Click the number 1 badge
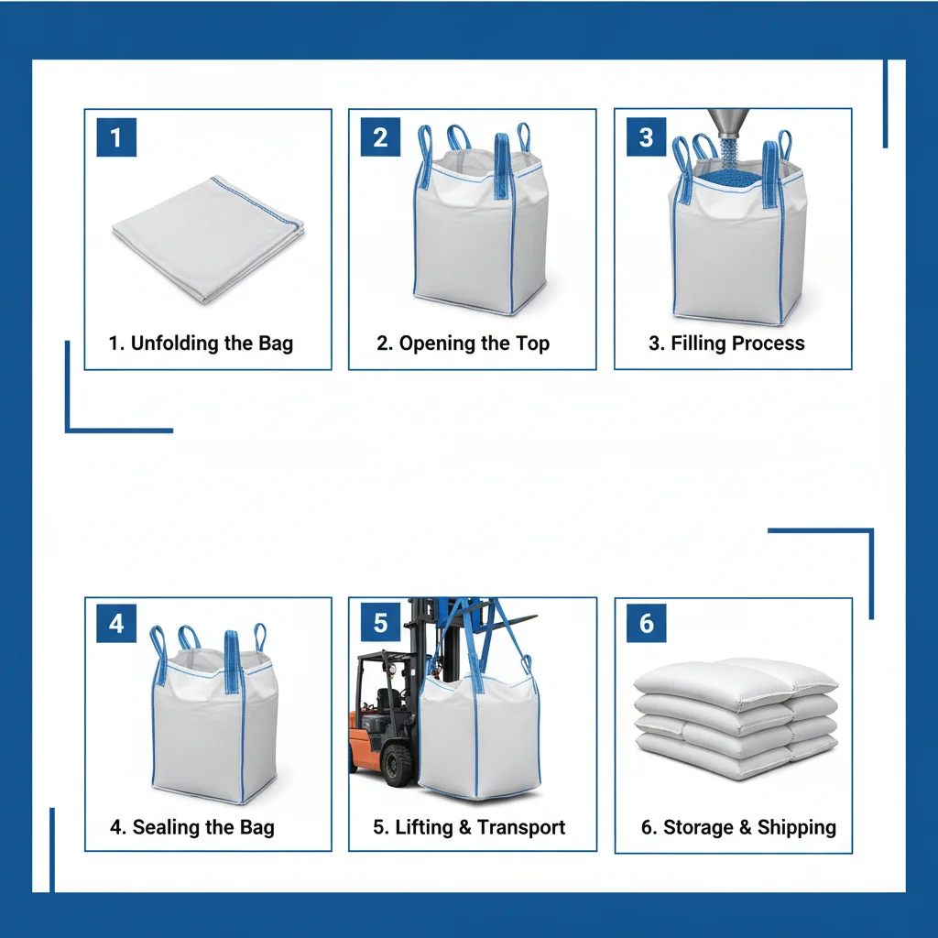tap(115, 137)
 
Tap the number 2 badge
tap(380, 137)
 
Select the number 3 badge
tap(646, 137)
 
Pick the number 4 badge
tap(115, 624)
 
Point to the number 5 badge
tap(380, 624)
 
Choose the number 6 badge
tap(646, 624)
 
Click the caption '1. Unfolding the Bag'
tap(201, 344)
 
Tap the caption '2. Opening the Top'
tap(463, 344)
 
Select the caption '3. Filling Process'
tap(726, 344)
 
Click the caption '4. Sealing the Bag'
tap(191, 827)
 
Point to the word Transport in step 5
tap(521, 827)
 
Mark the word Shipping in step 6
tap(796, 827)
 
